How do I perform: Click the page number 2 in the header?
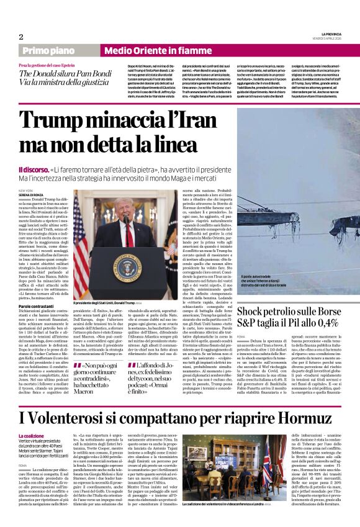click(21, 37)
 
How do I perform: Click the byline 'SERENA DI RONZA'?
click(33, 196)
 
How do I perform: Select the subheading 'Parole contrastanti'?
click(38, 306)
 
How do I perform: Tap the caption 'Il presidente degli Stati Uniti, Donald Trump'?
click(109, 302)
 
